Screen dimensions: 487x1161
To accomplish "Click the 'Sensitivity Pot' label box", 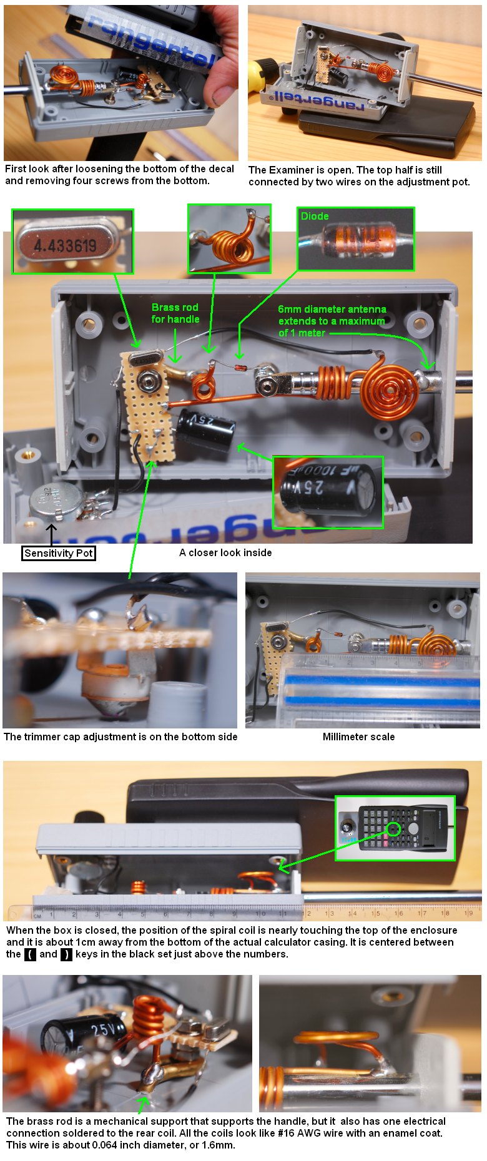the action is (x=59, y=553).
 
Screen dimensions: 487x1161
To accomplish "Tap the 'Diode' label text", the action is (x=315, y=216).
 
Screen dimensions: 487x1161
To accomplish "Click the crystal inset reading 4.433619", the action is (x=72, y=242).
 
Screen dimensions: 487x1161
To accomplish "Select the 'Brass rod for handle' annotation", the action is (x=175, y=313).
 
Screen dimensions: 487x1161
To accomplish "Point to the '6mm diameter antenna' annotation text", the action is (x=332, y=309).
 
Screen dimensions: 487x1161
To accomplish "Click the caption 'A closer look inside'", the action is (x=225, y=552).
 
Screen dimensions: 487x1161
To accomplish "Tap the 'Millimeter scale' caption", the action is (x=358, y=737).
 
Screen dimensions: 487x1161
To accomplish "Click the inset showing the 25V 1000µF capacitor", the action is (x=328, y=492).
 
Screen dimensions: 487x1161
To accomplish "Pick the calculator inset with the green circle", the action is (x=395, y=828).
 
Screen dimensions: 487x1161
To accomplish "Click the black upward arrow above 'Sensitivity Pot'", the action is (x=51, y=534).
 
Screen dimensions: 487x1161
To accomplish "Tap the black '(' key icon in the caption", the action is (x=30, y=954).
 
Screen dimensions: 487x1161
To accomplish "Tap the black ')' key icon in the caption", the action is (x=66, y=954).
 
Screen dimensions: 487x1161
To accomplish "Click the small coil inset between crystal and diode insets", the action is (x=229, y=238).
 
